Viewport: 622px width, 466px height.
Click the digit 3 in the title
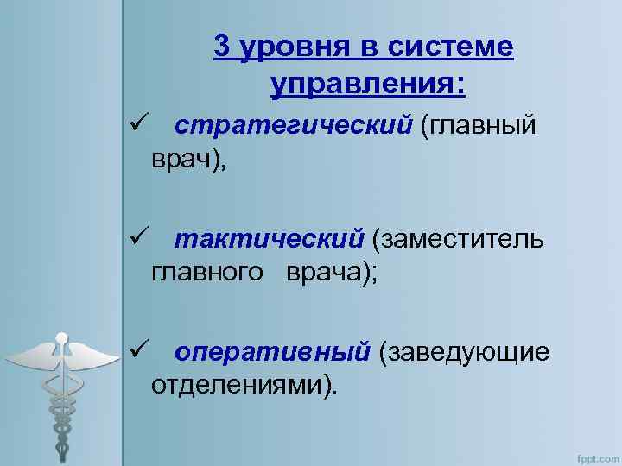coord(222,48)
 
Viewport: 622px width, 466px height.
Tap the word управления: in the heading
coord(367,85)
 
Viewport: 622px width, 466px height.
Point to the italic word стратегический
coord(293,126)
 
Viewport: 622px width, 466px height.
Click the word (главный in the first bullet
coord(478,126)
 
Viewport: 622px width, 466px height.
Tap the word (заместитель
coord(459,237)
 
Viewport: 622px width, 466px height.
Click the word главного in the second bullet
coord(207,272)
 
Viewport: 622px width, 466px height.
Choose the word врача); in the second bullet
coord(327,272)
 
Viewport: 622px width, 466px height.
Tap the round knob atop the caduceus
coord(61,337)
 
